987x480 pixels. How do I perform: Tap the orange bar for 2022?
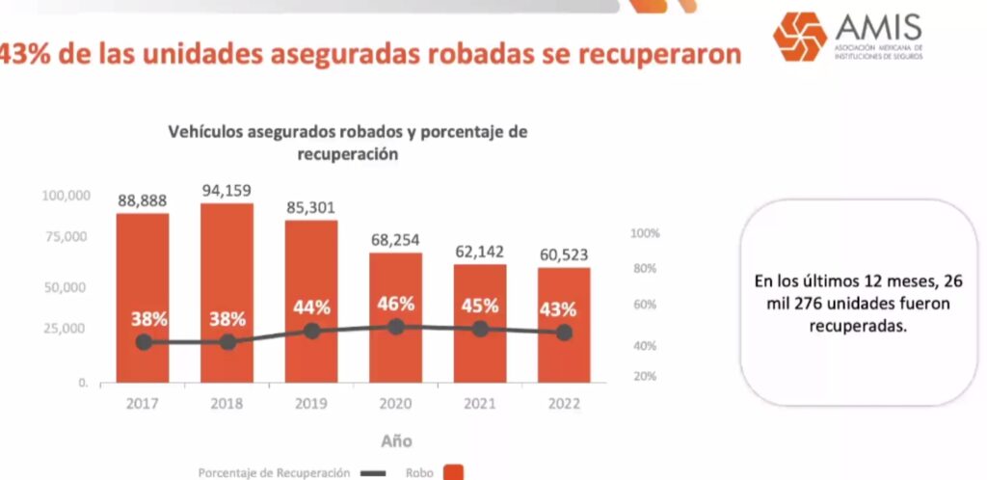pyautogui.click(x=564, y=324)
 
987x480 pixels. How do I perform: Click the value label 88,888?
pyautogui.click(x=143, y=200)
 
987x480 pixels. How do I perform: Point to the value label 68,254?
pyautogui.click(x=394, y=240)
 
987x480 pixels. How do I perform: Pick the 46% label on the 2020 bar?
pyautogui.click(x=395, y=303)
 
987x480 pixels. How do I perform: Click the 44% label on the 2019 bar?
pyautogui.click(x=311, y=307)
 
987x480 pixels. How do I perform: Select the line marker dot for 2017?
pyautogui.click(x=144, y=342)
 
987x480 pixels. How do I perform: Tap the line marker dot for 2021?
pyautogui.click(x=480, y=329)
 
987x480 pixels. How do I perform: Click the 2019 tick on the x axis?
pyautogui.click(x=310, y=403)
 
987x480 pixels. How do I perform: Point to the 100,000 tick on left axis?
pyautogui.click(x=67, y=196)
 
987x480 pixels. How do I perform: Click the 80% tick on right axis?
pyautogui.click(x=644, y=269)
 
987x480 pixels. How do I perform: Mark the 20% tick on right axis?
pyautogui.click(x=644, y=376)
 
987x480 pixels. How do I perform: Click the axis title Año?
pyautogui.click(x=395, y=440)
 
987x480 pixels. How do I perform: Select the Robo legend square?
pyautogui.click(x=454, y=472)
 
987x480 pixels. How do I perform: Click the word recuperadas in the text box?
pyautogui.click(x=858, y=327)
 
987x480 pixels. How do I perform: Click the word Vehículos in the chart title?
pyautogui.click(x=208, y=132)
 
